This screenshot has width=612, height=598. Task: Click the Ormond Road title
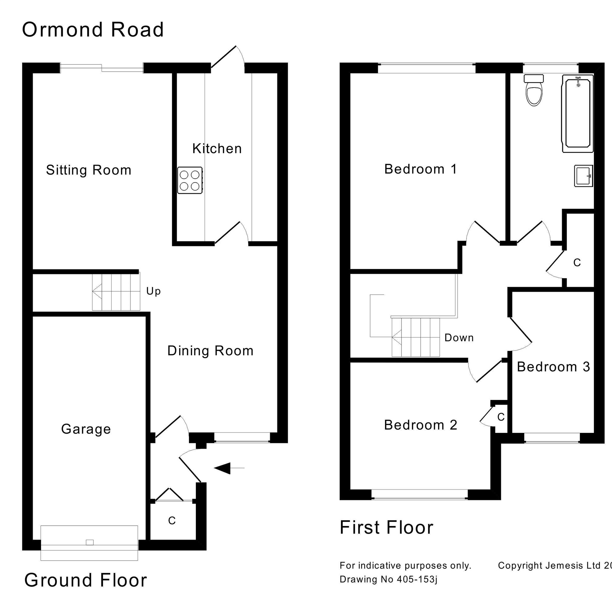[92, 30]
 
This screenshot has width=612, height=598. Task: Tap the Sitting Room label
[88, 170]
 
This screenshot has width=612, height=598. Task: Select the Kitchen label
[217, 149]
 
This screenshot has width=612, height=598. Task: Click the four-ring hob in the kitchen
[190, 180]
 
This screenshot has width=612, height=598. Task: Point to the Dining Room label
[210, 351]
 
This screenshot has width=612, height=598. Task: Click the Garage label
[86, 429]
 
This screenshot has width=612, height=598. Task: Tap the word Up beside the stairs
[153, 291]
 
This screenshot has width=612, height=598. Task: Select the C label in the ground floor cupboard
[172, 520]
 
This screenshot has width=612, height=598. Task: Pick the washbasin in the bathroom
[583, 176]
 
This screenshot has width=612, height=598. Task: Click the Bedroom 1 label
[420, 169]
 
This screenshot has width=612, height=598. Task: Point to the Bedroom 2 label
[420, 425]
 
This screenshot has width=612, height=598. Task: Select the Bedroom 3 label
[553, 367]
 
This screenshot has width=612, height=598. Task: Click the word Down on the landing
[459, 338]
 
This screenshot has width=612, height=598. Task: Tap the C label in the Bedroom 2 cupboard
[501, 417]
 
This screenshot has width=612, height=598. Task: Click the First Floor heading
[386, 527]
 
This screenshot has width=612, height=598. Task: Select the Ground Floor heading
[85, 580]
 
